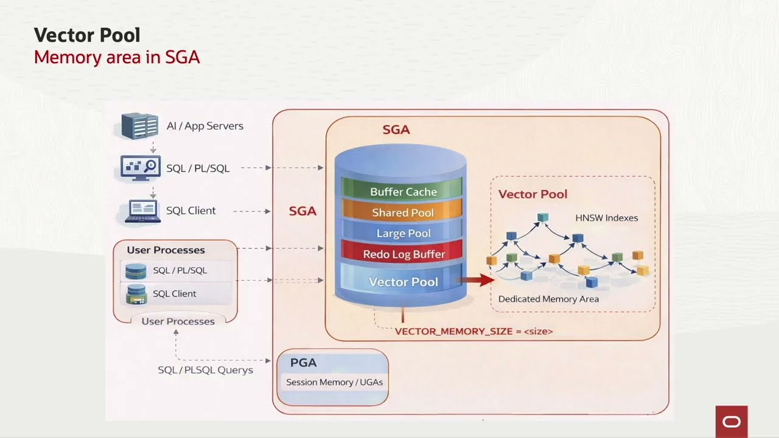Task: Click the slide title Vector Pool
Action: pos(87,35)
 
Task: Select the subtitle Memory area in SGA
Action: pos(117,57)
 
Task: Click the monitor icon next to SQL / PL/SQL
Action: pos(141,168)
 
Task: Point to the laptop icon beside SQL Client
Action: pos(142,211)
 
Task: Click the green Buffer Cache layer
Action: pos(403,192)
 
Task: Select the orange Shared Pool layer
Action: pos(403,212)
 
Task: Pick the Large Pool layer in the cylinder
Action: pos(403,233)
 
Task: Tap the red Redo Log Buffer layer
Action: pos(403,254)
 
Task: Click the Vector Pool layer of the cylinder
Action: pos(403,282)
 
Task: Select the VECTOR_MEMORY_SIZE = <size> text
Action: pos(473,332)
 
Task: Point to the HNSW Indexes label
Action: pos(606,218)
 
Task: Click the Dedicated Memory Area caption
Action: pos(548,299)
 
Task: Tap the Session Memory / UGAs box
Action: pos(334,383)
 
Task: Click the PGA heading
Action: pos(303,363)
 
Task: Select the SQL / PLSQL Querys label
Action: pos(205,370)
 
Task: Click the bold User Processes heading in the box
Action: pos(166,250)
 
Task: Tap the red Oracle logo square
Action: pos(731,422)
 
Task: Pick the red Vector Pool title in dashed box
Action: pos(533,194)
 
